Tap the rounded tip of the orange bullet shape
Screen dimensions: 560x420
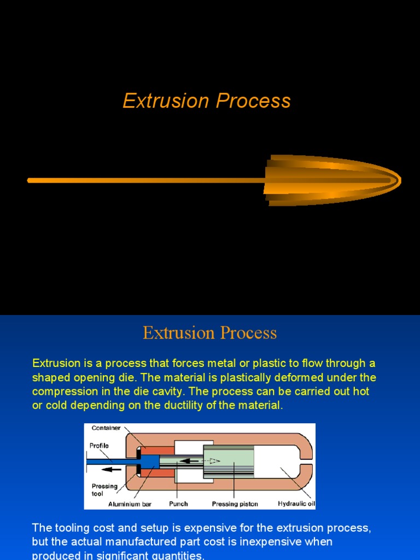point(398,180)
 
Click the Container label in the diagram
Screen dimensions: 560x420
point(106,428)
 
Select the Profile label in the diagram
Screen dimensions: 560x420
point(99,446)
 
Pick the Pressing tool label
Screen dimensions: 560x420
point(104,489)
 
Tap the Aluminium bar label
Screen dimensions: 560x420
point(130,504)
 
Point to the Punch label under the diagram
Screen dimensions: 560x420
point(179,504)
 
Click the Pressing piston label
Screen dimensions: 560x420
point(235,504)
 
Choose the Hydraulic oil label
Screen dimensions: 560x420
point(296,504)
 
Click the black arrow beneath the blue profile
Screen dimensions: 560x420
point(113,469)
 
